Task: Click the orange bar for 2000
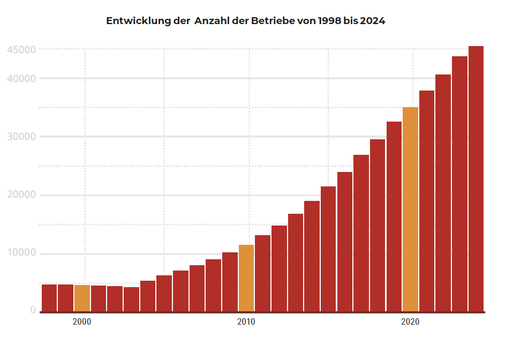82,298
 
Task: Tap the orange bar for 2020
410,209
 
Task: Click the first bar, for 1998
49,297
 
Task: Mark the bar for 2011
262,273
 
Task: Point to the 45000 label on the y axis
22,50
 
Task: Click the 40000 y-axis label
22,79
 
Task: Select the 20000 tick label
22,195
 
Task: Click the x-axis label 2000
82,322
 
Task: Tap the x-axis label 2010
246,322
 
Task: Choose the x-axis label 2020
410,322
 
